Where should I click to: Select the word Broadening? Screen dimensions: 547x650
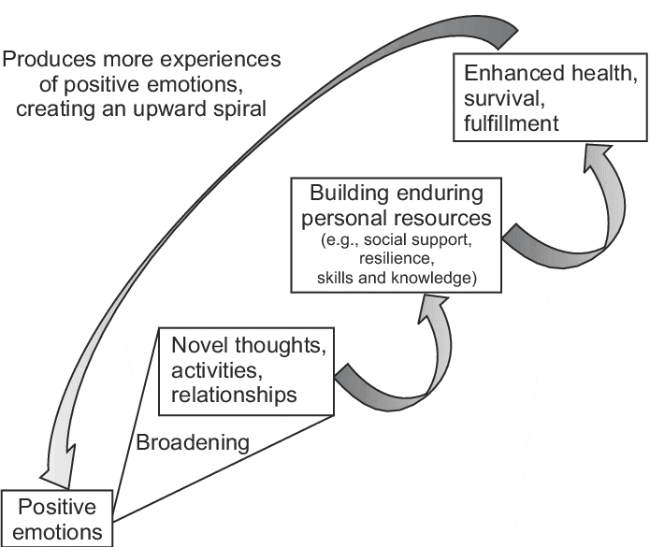pyautogui.click(x=193, y=441)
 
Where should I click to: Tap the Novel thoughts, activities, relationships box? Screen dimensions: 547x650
pyautogui.click(x=248, y=370)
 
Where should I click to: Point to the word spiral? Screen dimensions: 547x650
pyautogui.click(x=242, y=108)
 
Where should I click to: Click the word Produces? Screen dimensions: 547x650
pyautogui.click(x=47, y=60)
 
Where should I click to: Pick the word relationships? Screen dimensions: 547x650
pyautogui.click(x=233, y=395)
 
